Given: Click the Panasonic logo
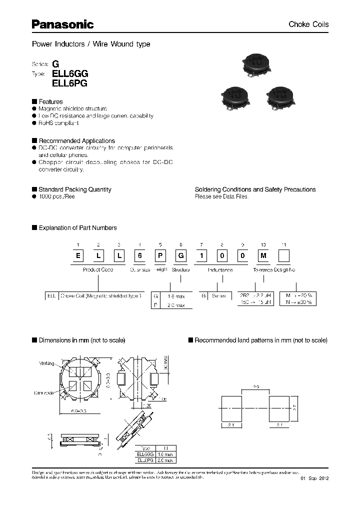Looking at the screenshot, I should pos(62,24).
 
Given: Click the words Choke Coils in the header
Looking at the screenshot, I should pos(308,24).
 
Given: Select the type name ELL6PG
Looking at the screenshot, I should pos(70,84).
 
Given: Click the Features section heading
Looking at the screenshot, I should pos(50,101).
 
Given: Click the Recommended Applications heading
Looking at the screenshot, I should pos(76,141).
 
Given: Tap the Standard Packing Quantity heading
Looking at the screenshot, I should pos(74,189).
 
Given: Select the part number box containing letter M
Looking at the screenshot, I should pos(263,256).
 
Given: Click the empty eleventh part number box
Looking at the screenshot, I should pos(283,256).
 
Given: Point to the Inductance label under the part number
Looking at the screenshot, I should pos(220,269).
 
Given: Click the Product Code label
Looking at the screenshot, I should pos(97,269).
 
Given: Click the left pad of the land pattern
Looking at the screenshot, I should pos(231,408).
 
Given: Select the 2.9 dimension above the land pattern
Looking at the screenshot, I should pos(255,386).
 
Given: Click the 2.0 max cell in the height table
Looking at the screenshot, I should pos(165,460).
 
